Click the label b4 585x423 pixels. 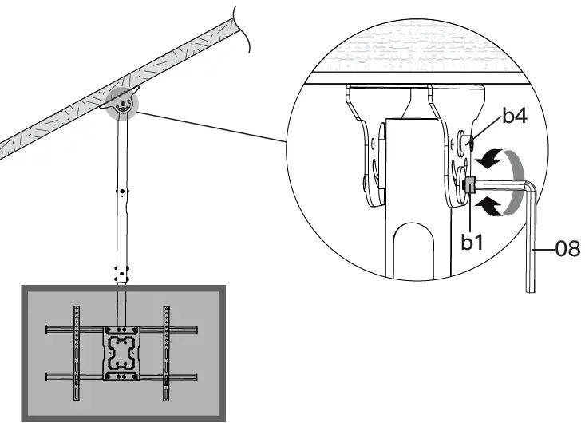point(515,119)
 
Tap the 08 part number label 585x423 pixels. point(567,250)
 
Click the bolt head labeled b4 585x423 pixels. point(467,144)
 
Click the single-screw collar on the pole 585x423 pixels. point(122,191)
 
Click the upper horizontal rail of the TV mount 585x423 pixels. point(121,329)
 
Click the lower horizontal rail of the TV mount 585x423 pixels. point(121,376)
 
